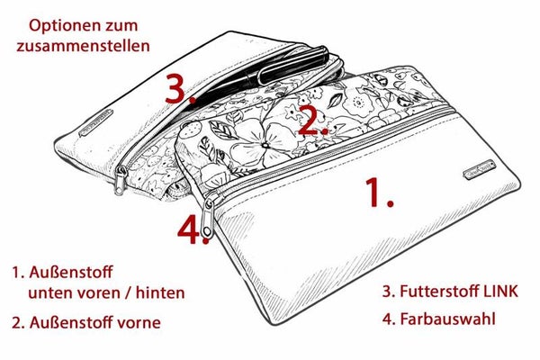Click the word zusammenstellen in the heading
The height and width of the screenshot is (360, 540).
[x=84, y=46]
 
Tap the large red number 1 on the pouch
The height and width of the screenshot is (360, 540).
[x=379, y=193]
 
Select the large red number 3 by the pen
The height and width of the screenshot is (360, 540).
[x=179, y=89]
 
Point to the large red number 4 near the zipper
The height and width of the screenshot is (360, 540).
[x=193, y=229]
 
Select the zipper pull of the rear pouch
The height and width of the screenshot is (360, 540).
[x=121, y=180]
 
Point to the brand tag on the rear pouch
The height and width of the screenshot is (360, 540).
[x=96, y=123]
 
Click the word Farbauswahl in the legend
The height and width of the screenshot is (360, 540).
[x=447, y=319]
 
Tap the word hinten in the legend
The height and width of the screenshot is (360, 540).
[x=160, y=292]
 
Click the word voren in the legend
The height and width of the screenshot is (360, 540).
[x=98, y=293]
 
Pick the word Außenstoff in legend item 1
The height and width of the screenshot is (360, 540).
[x=71, y=272]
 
